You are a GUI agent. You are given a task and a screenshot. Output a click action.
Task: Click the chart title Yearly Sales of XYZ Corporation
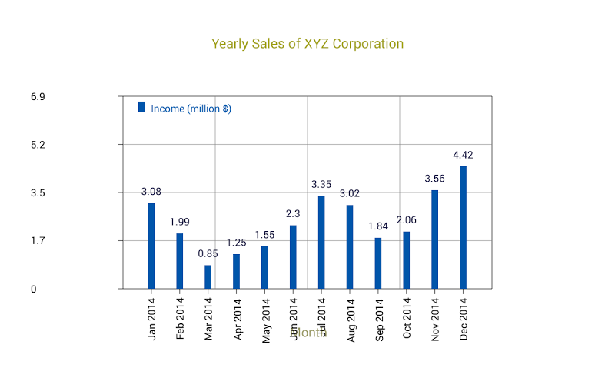click(307, 44)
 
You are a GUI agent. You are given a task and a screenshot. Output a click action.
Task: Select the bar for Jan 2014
click(151, 246)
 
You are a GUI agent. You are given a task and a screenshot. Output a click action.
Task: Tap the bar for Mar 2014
click(208, 276)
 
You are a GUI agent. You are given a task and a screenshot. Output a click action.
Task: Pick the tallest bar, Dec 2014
click(463, 227)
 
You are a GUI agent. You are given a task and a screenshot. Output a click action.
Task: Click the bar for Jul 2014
click(321, 242)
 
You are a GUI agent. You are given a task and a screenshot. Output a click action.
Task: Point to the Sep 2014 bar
click(378, 263)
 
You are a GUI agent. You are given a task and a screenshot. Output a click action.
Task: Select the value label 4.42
click(463, 156)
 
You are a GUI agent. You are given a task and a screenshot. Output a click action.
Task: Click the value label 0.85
click(208, 253)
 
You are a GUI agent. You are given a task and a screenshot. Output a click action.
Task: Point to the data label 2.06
click(407, 220)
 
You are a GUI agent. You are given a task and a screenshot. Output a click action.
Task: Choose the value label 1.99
click(180, 222)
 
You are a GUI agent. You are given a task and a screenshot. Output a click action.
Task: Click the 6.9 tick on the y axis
click(38, 97)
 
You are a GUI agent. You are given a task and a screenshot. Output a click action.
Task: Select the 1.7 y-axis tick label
click(38, 241)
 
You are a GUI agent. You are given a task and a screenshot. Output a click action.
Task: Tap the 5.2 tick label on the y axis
click(38, 145)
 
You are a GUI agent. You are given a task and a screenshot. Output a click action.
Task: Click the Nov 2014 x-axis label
click(435, 318)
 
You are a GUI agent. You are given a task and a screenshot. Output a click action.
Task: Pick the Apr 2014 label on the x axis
click(237, 319)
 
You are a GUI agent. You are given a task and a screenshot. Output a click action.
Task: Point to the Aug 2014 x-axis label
click(351, 319)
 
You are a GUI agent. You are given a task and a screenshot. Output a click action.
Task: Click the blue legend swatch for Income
click(141, 107)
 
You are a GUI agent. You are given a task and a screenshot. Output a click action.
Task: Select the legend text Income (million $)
click(191, 109)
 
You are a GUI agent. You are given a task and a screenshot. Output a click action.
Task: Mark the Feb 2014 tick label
click(180, 319)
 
